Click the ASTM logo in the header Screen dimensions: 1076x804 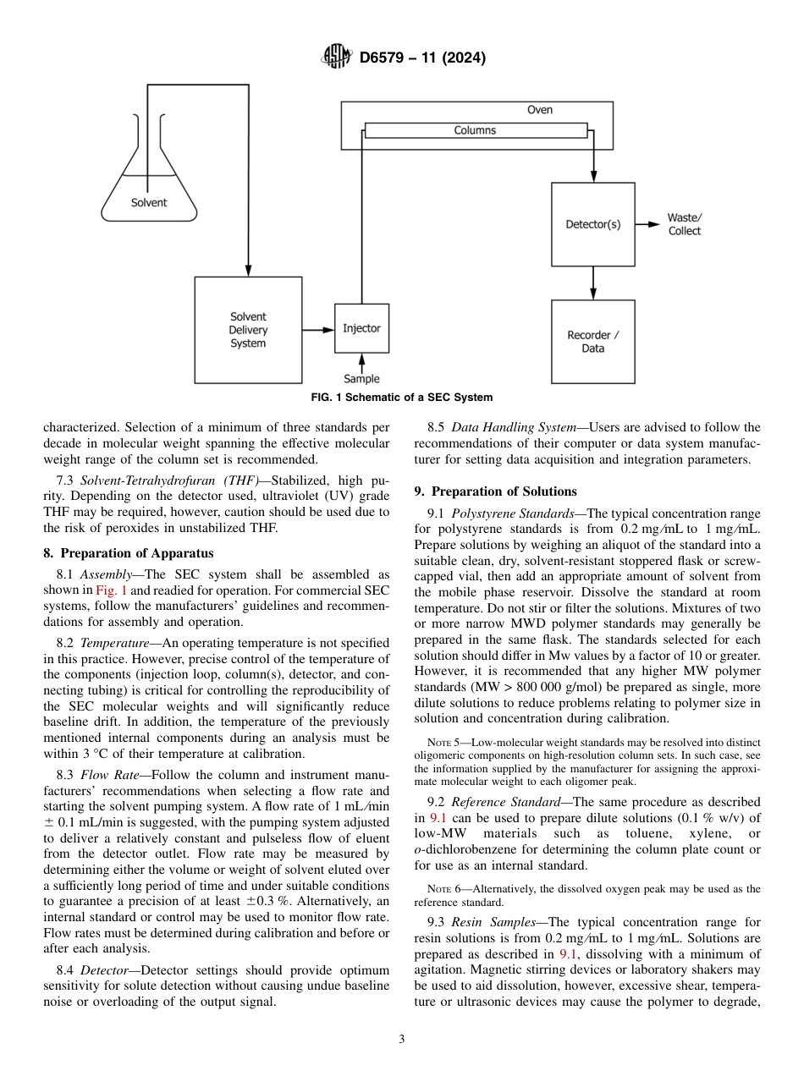[x=338, y=58]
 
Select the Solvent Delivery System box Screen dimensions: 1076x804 [x=248, y=329]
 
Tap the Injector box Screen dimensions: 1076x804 [x=361, y=328]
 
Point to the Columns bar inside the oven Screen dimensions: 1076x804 [x=475, y=130]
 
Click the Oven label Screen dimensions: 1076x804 [x=539, y=110]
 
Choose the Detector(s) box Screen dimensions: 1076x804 [x=592, y=224]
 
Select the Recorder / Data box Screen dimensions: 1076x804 [x=592, y=341]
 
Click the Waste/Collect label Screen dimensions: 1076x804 [x=684, y=224]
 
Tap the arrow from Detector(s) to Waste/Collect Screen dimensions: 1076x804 [x=647, y=224]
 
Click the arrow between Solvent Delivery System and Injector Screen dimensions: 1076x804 [x=318, y=329]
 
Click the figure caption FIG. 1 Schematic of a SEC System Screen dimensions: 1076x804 [x=401, y=398]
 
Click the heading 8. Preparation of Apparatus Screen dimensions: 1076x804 [x=129, y=553]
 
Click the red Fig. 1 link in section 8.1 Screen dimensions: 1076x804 [x=111, y=590]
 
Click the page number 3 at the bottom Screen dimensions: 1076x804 [x=401, y=1040]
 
